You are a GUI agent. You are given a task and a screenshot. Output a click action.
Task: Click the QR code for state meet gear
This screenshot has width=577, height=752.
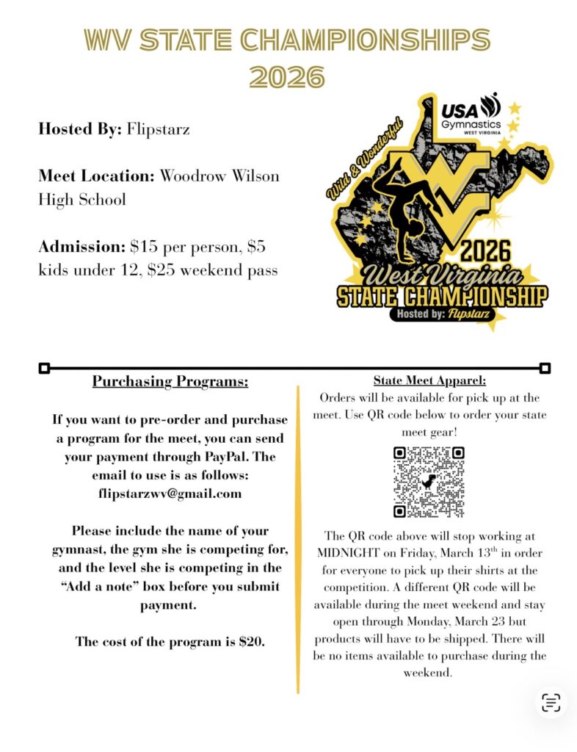pos(429,481)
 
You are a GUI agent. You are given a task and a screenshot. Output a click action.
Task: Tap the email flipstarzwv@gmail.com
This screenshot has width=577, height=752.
pos(170,493)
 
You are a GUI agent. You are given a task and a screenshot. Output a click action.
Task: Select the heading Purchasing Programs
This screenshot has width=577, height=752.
pos(170,382)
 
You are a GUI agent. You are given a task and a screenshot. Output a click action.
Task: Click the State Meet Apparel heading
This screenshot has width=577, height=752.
pos(429,380)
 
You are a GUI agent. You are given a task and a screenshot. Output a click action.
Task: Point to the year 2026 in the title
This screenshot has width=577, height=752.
pos(287,76)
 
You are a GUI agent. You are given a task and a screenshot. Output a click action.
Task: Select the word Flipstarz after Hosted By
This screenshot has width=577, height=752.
pos(159,130)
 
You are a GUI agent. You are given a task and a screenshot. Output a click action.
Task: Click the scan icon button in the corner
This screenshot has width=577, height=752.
pos(551,703)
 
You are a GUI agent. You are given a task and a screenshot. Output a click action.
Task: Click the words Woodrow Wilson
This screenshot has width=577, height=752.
pos(219,176)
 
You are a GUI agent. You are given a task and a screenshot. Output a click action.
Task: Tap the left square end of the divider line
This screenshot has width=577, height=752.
pos(44,367)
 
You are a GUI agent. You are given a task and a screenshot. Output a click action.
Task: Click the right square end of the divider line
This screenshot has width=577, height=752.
pos(545,367)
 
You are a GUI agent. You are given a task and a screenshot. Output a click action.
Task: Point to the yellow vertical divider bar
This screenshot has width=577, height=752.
pos(298,540)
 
